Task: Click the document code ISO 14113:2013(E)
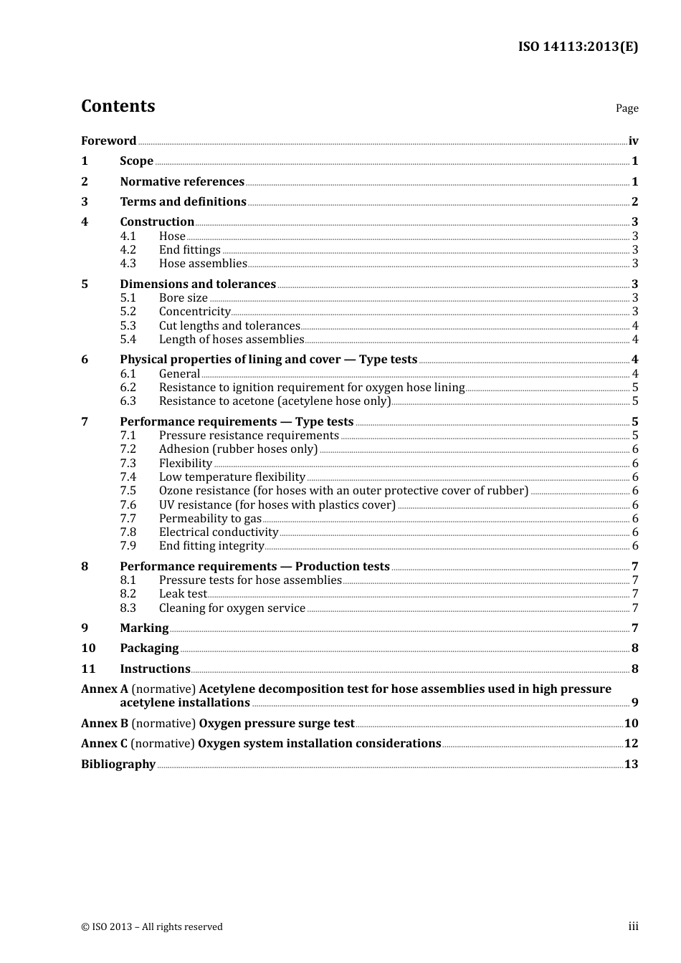[x=578, y=47]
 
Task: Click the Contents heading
[x=118, y=106]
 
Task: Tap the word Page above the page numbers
[x=627, y=108]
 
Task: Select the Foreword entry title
[x=108, y=141]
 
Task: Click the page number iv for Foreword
[x=633, y=141]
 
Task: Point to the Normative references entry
[x=182, y=182]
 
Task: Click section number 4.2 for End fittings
[x=128, y=250]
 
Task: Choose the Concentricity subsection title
[x=194, y=312]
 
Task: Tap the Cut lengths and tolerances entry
[x=229, y=326]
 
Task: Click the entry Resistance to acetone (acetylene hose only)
[x=275, y=401]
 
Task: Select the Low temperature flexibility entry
[x=232, y=477]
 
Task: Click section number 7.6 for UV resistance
[x=128, y=505]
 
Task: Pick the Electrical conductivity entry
[x=218, y=532]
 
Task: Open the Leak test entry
[x=182, y=594]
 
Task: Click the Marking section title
[x=144, y=628]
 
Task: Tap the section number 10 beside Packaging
[x=88, y=648]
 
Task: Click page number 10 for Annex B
[x=631, y=724]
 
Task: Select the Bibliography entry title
[x=118, y=765]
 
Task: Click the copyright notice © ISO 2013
[x=152, y=927]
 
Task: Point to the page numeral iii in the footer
[x=633, y=926]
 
